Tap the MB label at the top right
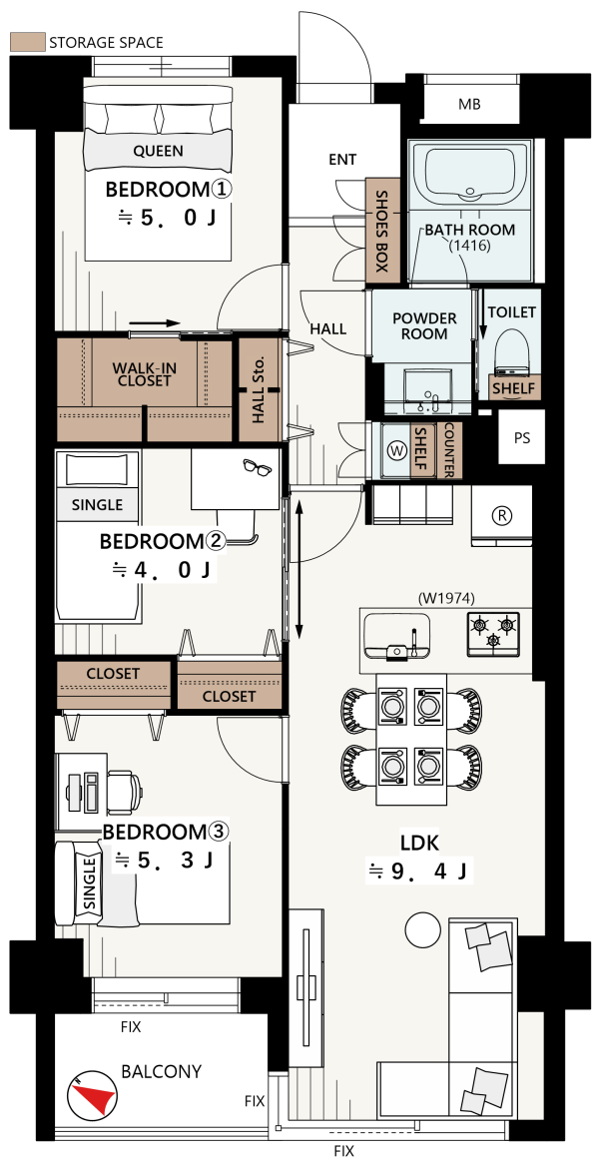point(469,105)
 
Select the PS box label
point(522,437)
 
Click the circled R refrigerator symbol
point(502,516)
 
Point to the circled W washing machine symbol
point(396,450)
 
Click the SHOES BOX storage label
point(382,232)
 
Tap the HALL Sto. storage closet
point(258,390)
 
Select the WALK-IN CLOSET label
point(142,374)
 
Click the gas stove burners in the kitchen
point(492,634)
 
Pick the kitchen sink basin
point(397,636)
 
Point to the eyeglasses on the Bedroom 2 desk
point(257,467)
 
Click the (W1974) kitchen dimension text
point(445,596)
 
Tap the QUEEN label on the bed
point(158,152)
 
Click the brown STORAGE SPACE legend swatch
point(27,43)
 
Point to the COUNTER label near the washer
point(449,450)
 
